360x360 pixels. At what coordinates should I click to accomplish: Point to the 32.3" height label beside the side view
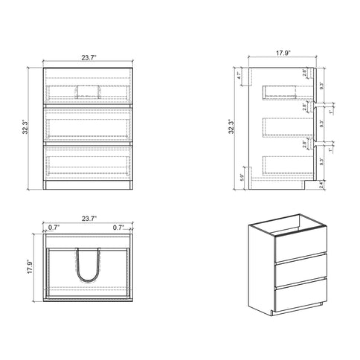click(x=234, y=127)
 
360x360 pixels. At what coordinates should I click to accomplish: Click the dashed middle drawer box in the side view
click(x=286, y=126)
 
